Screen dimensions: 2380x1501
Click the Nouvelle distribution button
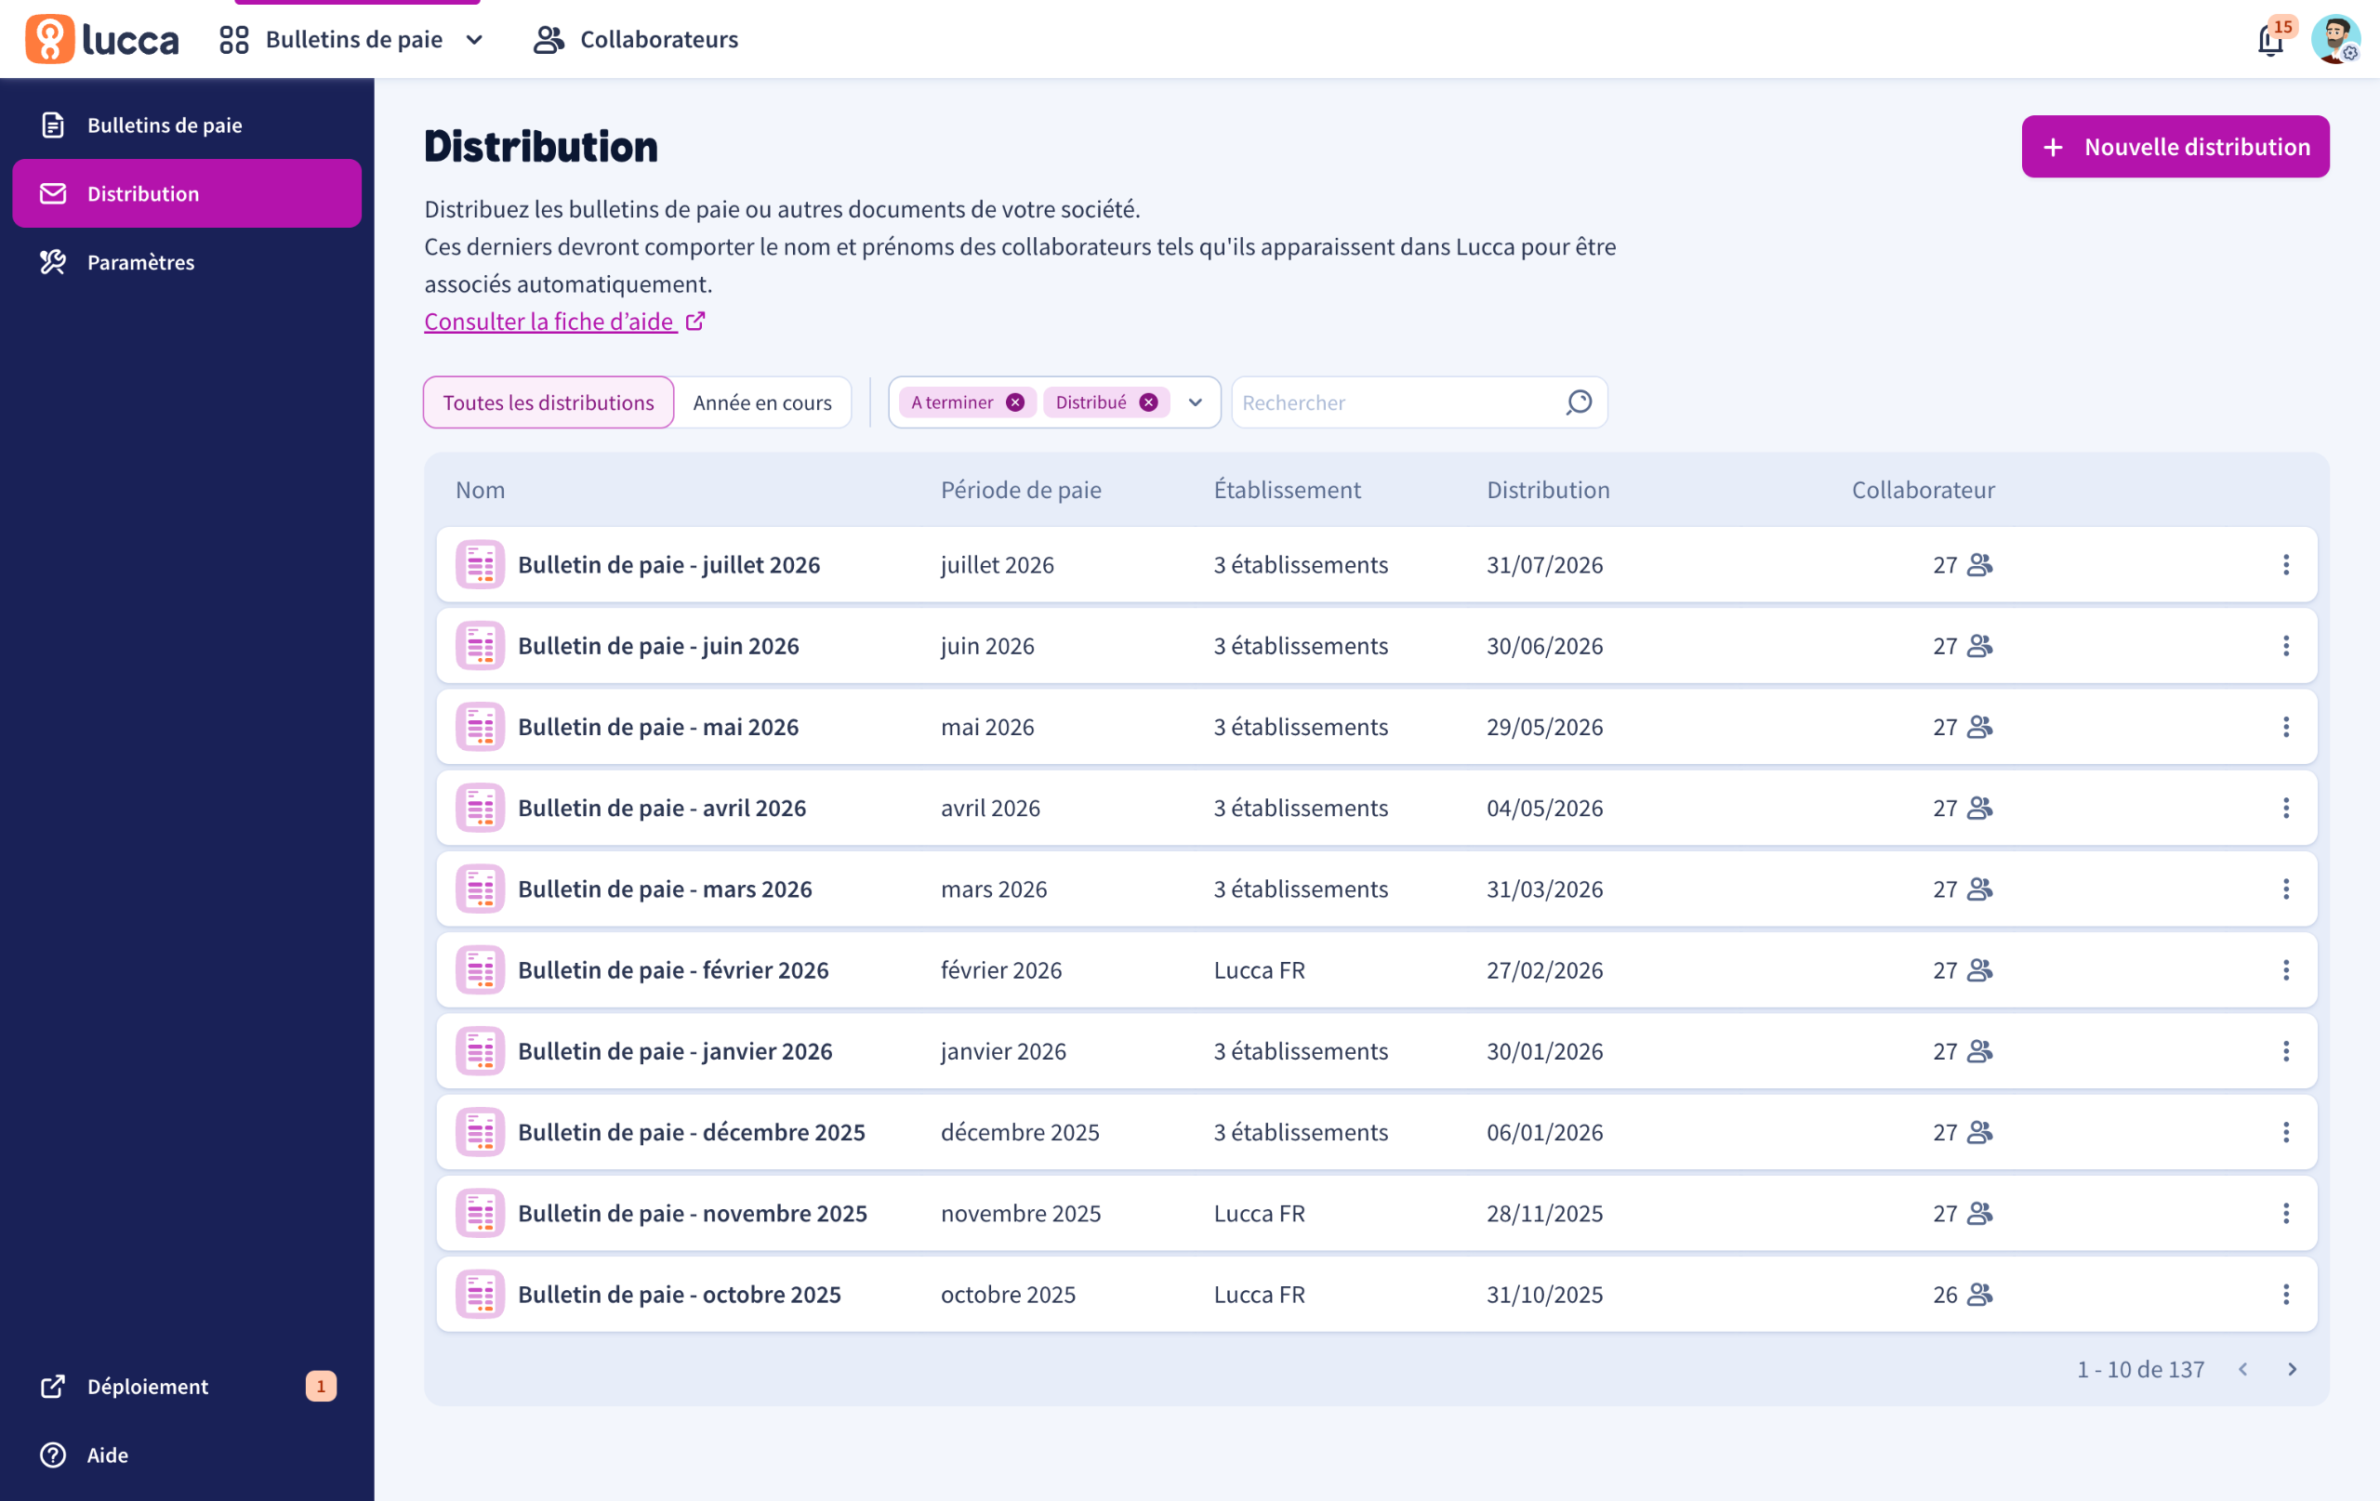click(x=2175, y=146)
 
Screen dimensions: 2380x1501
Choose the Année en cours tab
click(x=762, y=402)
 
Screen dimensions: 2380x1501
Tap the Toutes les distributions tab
click(x=549, y=402)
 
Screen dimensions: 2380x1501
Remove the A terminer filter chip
click(x=1015, y=402)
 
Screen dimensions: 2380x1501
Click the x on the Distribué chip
click(x=1148, y=402)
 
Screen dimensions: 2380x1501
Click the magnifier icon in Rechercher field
click(x=1579, y=402)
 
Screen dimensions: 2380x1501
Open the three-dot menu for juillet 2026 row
click(x=2285, y=564)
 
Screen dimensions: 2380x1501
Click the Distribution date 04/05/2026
click(x=1545, y=808)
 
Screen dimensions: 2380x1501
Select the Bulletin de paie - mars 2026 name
click(x=665, y=889)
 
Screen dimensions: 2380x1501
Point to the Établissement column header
click(x=1287, y=489)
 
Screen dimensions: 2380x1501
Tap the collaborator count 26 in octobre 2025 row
click(x=1945, y=1294)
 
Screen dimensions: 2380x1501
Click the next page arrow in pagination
click(x=2292, y=1369)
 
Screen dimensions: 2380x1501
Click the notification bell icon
click(x=2270, y=41)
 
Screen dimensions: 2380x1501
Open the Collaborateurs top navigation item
click(x=637, y=40)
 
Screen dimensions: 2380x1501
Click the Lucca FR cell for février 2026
click(x=1259, y=969)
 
